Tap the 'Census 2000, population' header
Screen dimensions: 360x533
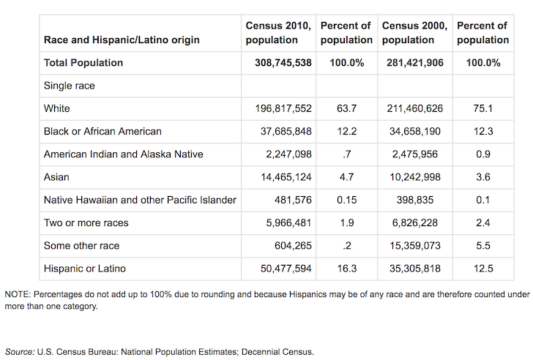(414, 33)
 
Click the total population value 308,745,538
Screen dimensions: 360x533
(278, 63)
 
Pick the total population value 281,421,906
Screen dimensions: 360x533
(414, 63)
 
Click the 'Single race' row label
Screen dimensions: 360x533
(70, 86)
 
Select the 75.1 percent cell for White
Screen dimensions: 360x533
(482, 108)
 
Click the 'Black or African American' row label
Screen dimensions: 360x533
(102, 131)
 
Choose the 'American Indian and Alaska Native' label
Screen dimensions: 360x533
(122, 154)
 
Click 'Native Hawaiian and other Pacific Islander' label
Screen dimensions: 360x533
(140, 200)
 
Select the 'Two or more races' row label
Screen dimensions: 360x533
(86, 222)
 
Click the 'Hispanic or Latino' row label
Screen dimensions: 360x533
(86, 269)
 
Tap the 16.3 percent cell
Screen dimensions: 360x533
(346, 269)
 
